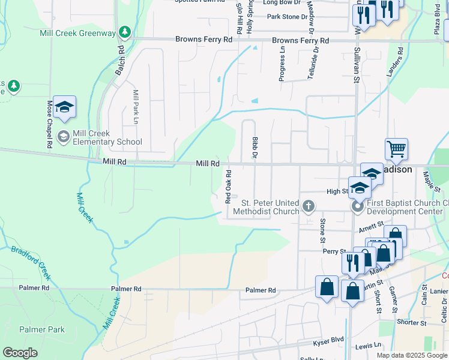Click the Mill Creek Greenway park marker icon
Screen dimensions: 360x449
click(x=124, y=31)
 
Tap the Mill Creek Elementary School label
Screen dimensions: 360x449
click(x=107, y=137)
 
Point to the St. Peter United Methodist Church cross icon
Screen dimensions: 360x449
click(x=309, y=206)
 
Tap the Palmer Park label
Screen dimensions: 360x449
click(x=42, y=329)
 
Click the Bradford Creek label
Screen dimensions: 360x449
click(x=29, y=262)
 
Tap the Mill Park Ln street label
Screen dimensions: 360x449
click(x=136, y=107)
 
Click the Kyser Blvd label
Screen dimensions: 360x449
click(x=328, y=340)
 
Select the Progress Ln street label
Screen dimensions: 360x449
click(x=282, y=67)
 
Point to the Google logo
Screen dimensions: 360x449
click(x=20, y=353)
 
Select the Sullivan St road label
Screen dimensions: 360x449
click(x=356, y=67)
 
